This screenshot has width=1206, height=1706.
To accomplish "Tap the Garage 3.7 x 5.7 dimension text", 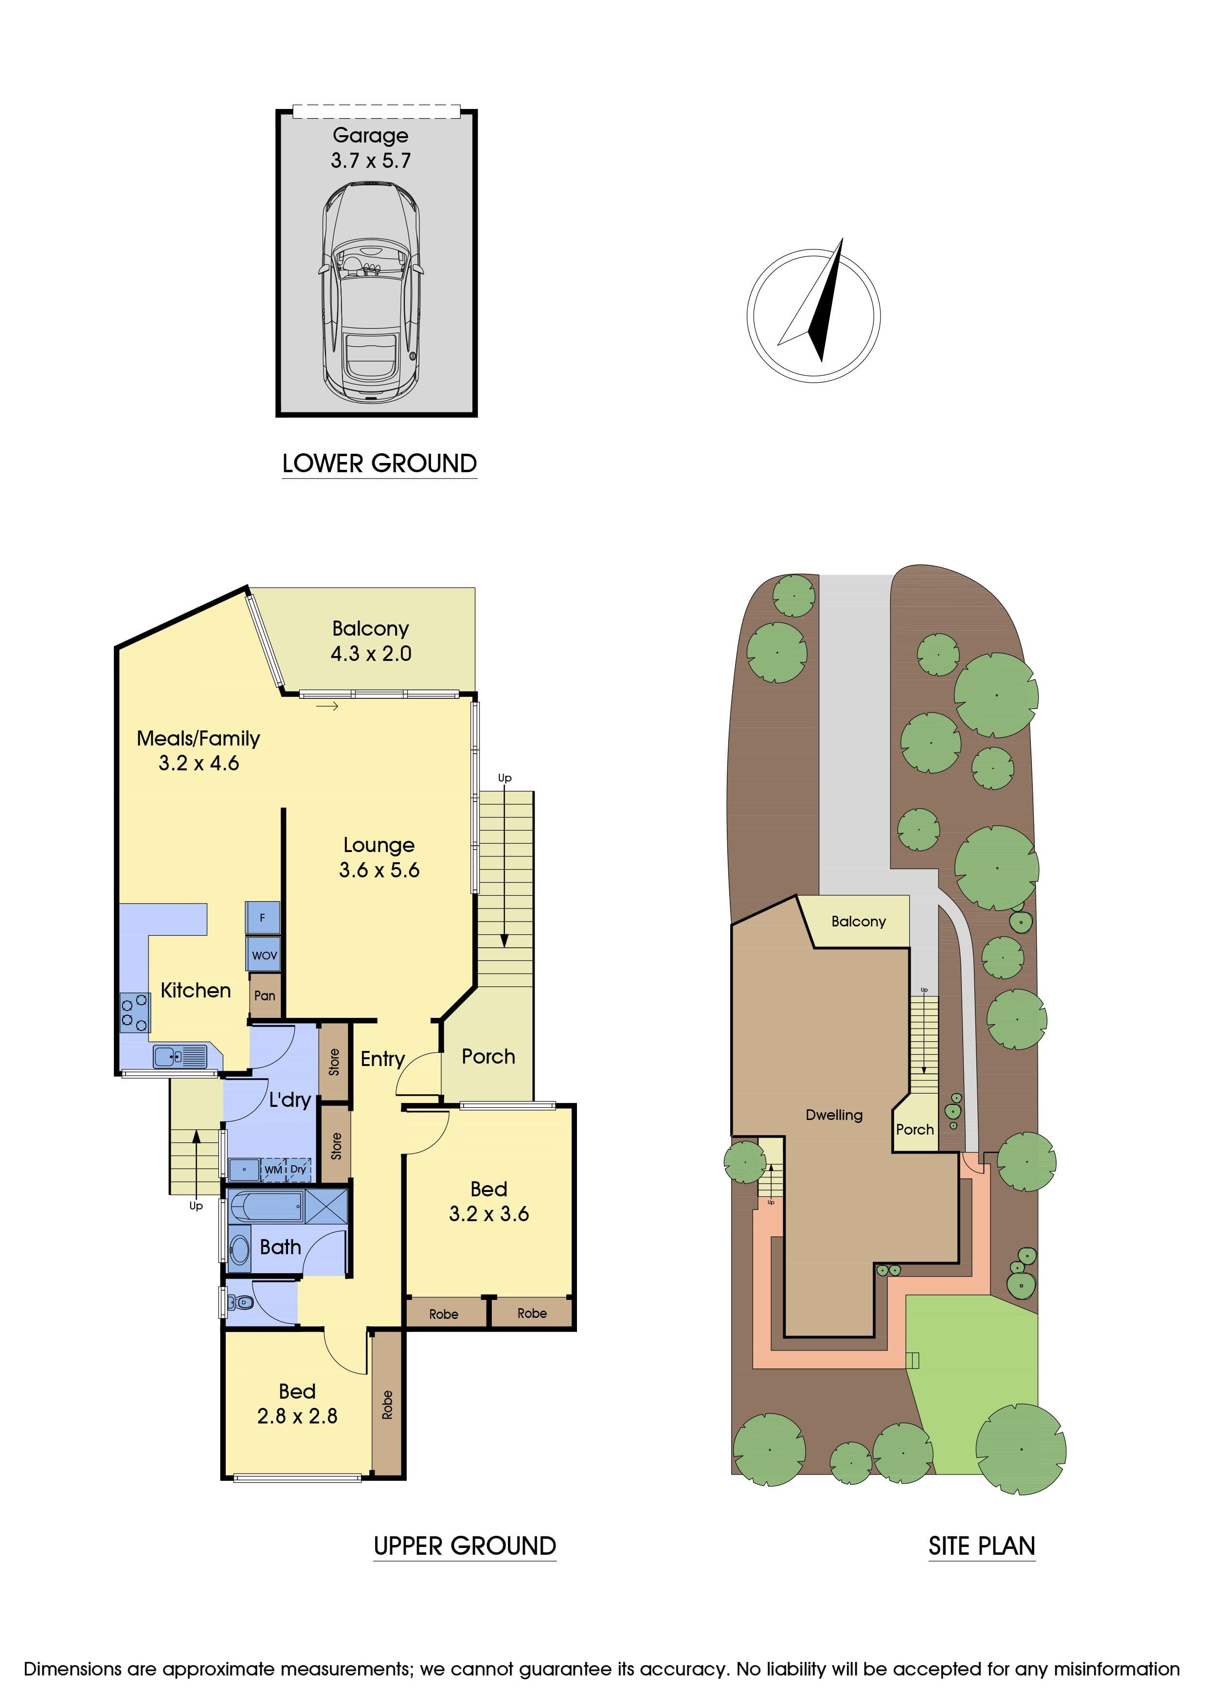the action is tap(371, 160).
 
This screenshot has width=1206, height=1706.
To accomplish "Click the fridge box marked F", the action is tap(262, 918).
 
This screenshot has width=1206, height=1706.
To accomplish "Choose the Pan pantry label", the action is tap(265, 995).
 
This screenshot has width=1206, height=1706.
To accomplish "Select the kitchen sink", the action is tap(180, 1056).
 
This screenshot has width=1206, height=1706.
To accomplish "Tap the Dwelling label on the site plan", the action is tap(834, 1115).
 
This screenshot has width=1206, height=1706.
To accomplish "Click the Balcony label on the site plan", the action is tap(858, 922).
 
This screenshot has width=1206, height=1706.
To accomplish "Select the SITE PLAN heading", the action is tap(982, 1546).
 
